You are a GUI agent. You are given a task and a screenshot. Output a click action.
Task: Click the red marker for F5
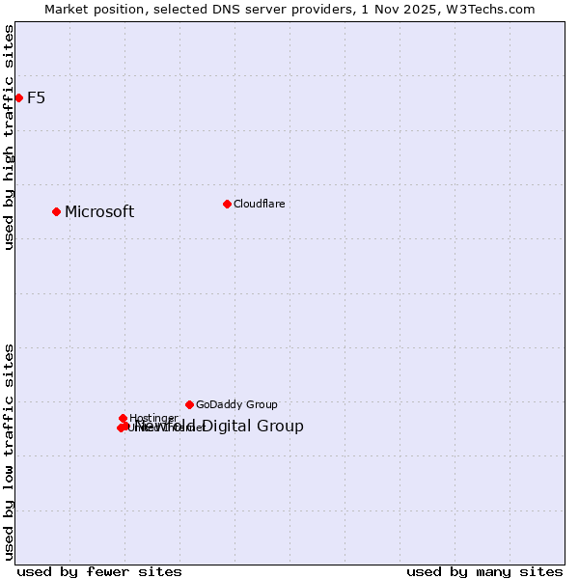click(x=18, y=97)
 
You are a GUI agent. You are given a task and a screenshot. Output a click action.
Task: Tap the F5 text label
click(x=36, y=97)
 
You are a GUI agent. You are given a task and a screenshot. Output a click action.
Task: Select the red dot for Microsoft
click(x=56, y=211)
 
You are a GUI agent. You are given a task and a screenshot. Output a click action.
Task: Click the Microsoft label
click(x=99, y=212)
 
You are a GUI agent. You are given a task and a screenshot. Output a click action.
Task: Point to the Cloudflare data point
click(x=227, y=204)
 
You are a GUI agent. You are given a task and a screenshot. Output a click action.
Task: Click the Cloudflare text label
click(x=259, y=204)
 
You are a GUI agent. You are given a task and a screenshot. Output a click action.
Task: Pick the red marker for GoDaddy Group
click(x=189, y=404)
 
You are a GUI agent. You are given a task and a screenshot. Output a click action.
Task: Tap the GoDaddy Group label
click(x=236, y=405)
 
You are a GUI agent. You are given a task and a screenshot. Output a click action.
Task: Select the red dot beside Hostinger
click(x=123, y=418)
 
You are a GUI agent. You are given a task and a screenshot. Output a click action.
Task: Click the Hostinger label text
click(x=153, y=418)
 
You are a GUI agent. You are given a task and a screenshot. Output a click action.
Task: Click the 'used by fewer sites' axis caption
click(x=99, y=571)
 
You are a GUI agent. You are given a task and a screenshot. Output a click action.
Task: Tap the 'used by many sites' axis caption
click(x=484, y=571)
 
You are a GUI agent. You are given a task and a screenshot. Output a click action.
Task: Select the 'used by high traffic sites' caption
click(x=9, y=137)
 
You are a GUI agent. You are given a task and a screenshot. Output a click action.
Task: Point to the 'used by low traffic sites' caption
click(x=9, y=451)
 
